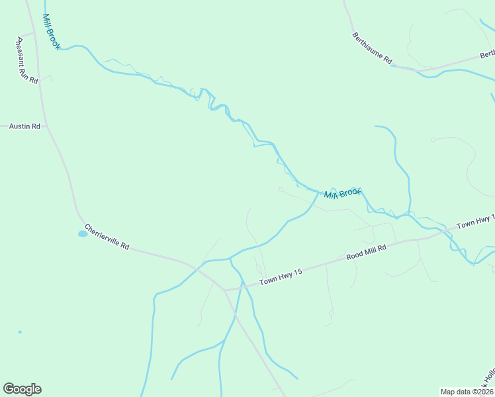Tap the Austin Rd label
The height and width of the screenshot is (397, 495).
24,126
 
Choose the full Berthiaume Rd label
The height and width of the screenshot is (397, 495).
373,49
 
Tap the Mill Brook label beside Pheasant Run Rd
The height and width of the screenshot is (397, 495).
52,32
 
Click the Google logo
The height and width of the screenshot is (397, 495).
22,389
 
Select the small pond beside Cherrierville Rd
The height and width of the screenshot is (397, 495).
83,234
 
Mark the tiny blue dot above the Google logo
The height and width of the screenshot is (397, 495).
20,331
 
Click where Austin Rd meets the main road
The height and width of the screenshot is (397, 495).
46,126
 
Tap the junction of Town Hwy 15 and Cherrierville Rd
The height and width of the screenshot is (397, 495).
225,290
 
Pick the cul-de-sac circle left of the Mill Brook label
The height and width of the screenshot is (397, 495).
281,189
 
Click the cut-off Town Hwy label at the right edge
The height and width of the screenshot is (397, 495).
475,222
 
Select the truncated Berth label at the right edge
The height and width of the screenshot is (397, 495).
487,54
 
